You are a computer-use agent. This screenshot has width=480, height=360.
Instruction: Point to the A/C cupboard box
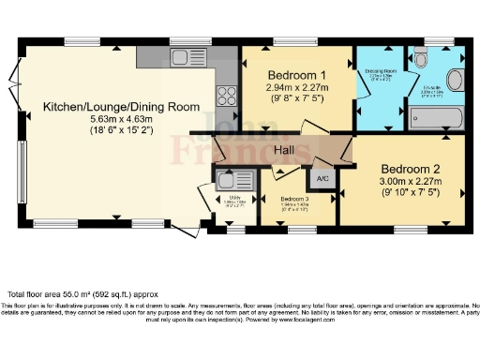tap(322, 178)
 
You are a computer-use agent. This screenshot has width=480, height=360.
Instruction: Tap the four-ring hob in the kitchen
tap(226, 94)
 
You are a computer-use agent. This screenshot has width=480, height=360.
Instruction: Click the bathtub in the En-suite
tap(437, 118)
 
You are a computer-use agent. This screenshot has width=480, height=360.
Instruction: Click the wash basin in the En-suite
tap(457, 78)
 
